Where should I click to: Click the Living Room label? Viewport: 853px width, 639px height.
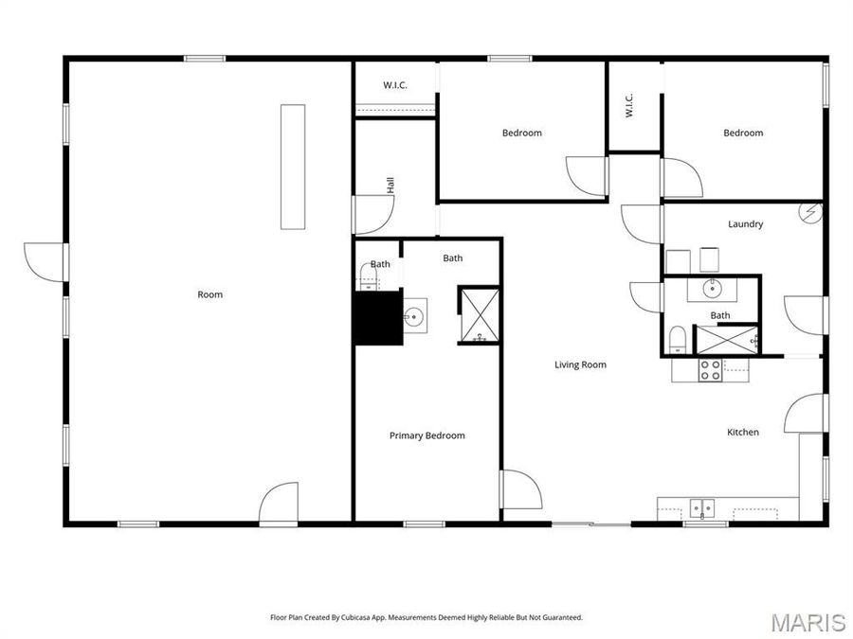[x=580, y=364]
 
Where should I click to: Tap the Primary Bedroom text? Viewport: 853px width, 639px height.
[x=426, y=435]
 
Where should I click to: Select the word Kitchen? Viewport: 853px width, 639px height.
[x=742, y=432]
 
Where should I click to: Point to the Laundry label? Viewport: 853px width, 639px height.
[x=745, y=224]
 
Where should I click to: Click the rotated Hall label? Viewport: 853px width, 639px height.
[x=390, y=185]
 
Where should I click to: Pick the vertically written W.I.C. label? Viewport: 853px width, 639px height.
[x=628, y=106]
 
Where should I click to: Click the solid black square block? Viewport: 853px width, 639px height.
[x=374, y=319]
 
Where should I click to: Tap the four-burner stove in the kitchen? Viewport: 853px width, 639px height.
[x=710, y=369]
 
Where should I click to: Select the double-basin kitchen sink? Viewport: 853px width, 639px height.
[x=701, y=509]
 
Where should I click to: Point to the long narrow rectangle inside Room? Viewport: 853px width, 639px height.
[x=293, y=166]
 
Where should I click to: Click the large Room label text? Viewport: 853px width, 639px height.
[x=209, y=294]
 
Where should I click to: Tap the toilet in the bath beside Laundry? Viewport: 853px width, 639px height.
[x=678, y=340]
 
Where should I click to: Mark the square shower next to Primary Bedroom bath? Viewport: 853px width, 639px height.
[x=479, y=313]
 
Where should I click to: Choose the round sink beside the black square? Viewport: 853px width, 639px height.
[x=413, y=316]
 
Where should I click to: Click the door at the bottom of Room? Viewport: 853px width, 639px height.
[x=280, y=504]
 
